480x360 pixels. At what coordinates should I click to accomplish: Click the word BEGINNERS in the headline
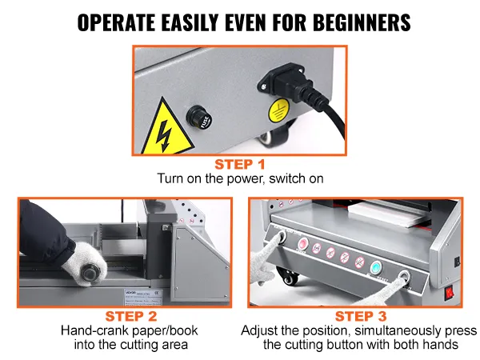[x=362, y=22]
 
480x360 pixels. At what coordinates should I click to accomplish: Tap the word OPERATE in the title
[x=116, y=22]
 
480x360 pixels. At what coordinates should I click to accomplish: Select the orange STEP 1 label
[x=240, y=164]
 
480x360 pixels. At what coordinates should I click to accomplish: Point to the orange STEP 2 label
[x=131, y=316]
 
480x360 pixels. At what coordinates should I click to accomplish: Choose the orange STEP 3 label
[x=361, y=316]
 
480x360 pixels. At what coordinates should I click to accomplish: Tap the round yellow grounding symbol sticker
[x=279, y=110]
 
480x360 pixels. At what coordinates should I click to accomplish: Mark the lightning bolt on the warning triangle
[x=164, y=136]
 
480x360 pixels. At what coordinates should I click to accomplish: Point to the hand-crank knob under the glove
[x=90, y=272]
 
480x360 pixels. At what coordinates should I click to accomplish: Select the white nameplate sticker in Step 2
[x=143, y=296]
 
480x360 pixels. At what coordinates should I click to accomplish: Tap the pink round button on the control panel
[x=303, y=244]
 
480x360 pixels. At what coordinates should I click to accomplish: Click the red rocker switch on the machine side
[x=449, y=293]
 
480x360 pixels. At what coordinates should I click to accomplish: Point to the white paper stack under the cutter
[x=386, y=213]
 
